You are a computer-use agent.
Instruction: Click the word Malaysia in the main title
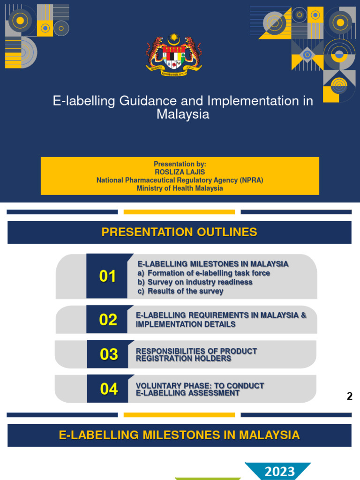(x=183, y=114)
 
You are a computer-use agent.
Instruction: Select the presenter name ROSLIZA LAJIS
(x=180, y=172)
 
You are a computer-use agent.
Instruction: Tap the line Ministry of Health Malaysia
(x=180, y=188)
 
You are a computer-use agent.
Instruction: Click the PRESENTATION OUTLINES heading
(x=180, y=232)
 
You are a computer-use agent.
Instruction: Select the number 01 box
(x=107, y=277)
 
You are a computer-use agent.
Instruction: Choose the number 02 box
(x=108, y=320)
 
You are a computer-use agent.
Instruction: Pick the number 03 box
(x=109, y=354)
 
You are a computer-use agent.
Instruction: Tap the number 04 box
(x=109, y=389)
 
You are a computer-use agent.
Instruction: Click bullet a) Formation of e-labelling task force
(x=203, y=273)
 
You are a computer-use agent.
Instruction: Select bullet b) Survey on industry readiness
(x=195, y=282)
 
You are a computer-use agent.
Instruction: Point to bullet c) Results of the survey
(x=180, y=291)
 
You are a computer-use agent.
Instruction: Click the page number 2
(x=349, y=396)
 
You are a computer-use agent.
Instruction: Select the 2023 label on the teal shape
(x=280, y=471)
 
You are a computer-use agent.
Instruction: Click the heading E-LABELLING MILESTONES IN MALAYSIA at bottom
(x=180, y=435)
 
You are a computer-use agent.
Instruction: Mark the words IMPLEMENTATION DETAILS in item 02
(x=186, y=324)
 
